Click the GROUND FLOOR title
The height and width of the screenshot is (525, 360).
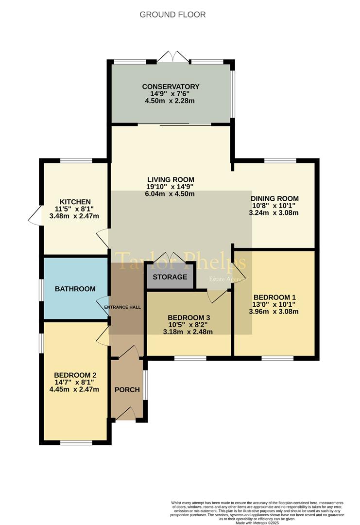[172, 15]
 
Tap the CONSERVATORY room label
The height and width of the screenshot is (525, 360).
[171, 87]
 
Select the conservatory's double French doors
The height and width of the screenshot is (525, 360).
[173, 56]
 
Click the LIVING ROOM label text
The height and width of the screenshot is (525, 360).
[171, 180]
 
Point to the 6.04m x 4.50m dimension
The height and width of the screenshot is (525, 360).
[171, 194]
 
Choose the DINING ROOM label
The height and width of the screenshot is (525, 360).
[274, 198]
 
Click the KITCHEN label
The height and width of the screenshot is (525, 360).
[75, 202]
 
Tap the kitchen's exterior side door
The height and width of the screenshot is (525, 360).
[34, 216]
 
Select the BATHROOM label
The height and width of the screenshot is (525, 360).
[75, 289]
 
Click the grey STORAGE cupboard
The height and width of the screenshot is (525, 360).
[170, 276]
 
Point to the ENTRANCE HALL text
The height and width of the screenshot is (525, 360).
[122, 307]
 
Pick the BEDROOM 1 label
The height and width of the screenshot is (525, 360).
[274, 297]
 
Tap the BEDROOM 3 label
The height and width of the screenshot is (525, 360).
[189, 318]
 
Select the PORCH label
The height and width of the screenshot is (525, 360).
[127, 390]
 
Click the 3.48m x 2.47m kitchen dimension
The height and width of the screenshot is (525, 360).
[74, 216]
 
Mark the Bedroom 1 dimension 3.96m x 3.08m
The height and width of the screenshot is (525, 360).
[274, 312]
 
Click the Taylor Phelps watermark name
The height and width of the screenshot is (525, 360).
[181, 261]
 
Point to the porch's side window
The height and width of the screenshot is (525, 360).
[145, 385]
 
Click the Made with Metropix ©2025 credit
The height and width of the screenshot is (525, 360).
[257, 523]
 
